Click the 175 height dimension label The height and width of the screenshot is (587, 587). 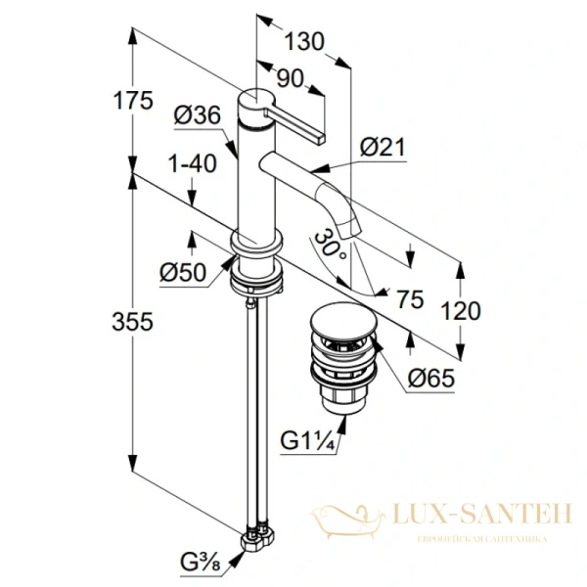[x=133, y=99]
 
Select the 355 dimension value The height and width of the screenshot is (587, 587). [x=133, y=322]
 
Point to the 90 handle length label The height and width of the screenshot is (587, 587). [x=289, y=76]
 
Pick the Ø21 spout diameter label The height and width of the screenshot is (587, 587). [x=382, y=147]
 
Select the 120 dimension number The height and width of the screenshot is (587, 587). [x=461, y=311]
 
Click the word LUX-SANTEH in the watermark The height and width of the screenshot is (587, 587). [x=476, y=513]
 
